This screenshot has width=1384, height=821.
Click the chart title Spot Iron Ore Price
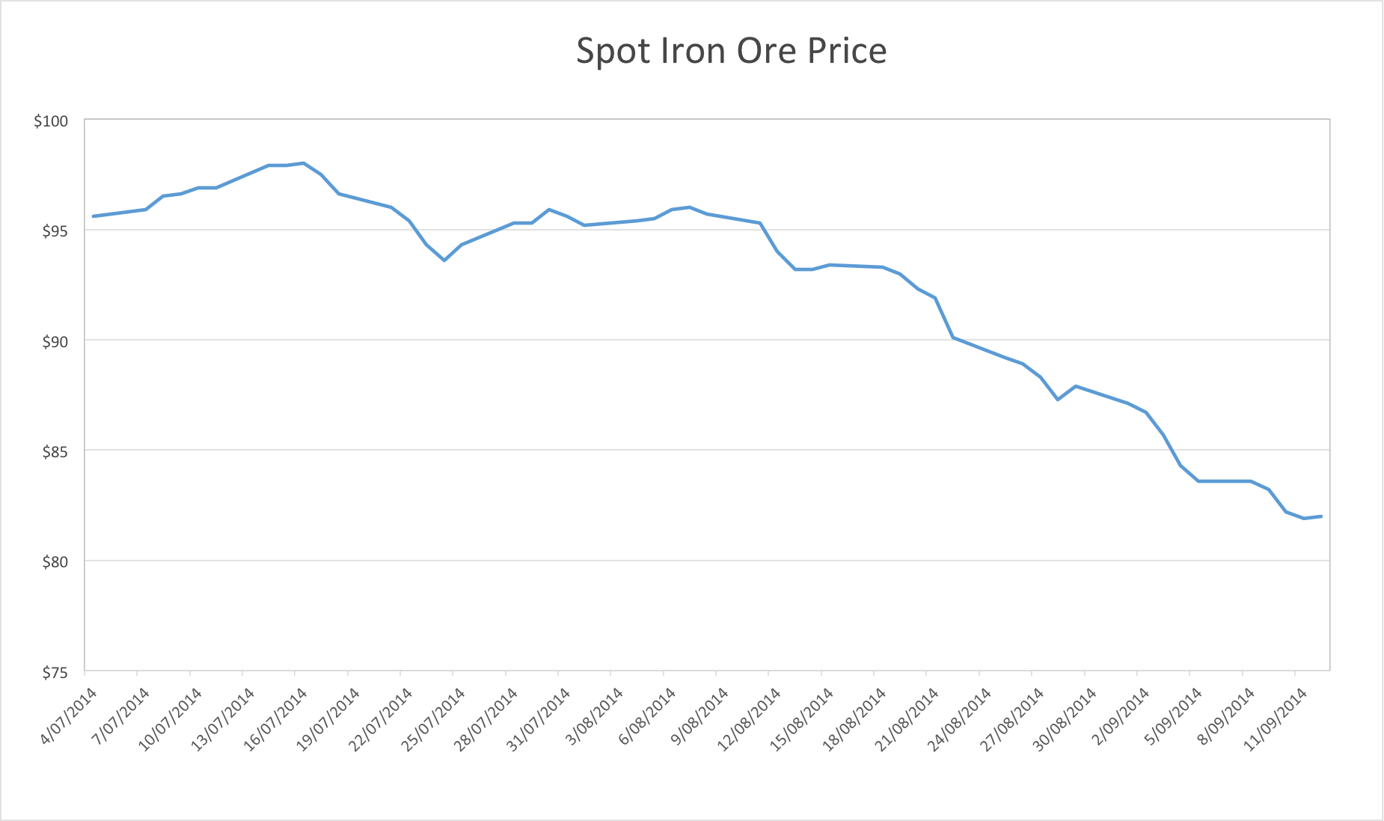(731, 52)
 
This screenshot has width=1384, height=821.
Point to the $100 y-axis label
(51, 121)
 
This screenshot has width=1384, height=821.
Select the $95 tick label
(55, 231)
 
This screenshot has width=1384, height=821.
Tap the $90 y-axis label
(55, 342)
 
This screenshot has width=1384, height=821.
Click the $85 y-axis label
(55, 452)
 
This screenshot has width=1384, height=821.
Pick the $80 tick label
(55, 562)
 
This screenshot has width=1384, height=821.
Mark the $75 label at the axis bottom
(55, 673)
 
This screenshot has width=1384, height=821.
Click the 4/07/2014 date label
(69, 716)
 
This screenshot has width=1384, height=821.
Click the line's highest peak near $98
(303, 163)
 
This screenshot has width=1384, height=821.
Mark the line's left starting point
(94, 216)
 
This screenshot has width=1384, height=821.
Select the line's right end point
(1321, 516)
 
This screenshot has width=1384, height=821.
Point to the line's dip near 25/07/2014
(444, 260)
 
